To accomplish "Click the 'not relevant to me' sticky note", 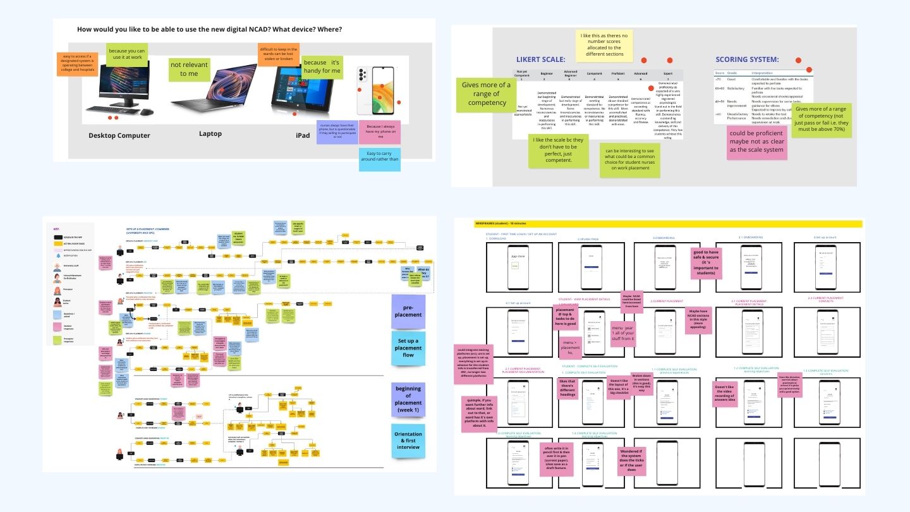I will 189,70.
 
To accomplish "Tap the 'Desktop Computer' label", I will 119,135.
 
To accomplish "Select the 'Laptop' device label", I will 210,133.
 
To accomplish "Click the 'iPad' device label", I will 303,135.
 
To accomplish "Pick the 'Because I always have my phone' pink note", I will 379,132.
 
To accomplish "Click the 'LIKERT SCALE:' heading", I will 540,59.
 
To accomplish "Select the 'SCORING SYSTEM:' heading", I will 747,59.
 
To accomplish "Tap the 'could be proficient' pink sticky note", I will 756,142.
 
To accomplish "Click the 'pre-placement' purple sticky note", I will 408,310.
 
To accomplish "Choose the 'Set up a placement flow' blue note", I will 408,348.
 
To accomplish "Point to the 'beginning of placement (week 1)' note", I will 408,399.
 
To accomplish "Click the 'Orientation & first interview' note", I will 408,441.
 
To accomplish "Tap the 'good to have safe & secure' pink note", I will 706,263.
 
